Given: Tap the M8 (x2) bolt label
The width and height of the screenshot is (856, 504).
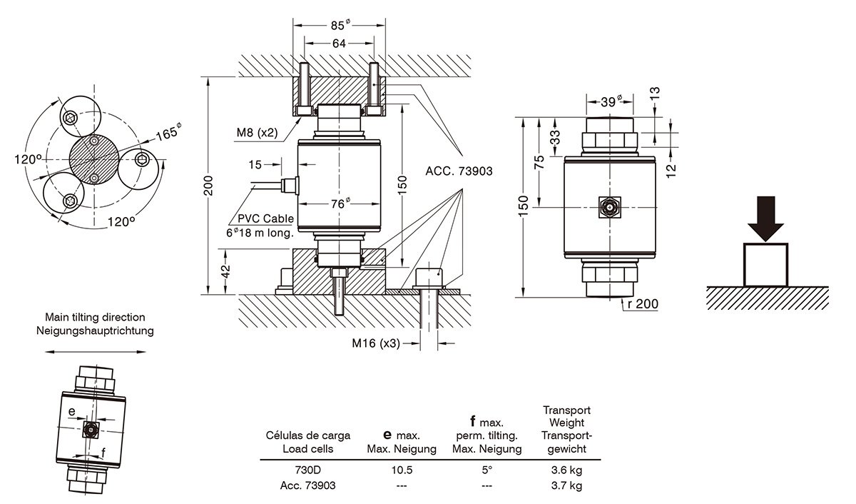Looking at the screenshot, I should tap(256, 133).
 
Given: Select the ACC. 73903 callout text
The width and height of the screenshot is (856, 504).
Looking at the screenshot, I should tap(459, 171).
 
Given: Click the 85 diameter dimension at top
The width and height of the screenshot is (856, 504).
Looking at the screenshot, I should tap(340, 26).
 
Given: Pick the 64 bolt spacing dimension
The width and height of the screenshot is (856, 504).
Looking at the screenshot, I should tap(339, 44).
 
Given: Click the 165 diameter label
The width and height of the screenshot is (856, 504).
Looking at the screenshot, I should tap(170, 133).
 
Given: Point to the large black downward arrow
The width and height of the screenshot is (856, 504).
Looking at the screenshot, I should tap(765, 218).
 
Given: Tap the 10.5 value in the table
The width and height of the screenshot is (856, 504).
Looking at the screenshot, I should tap(401, 471).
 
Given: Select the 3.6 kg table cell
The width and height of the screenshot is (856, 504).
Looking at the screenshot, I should tap(567, 471).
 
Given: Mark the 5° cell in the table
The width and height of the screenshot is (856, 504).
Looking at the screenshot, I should tap(486, 471).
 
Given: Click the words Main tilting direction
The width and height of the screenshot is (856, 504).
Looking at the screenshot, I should tap(95, 316).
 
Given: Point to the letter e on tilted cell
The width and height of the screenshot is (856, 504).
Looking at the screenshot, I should tap(72, 412).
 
